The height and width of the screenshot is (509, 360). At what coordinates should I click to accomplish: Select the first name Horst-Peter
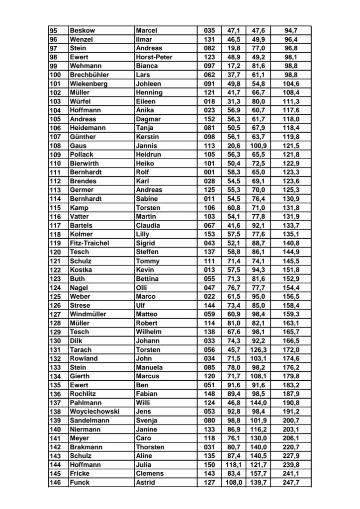click(x=154, y=57)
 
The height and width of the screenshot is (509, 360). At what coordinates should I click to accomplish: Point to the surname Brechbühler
click(x=92, y=75)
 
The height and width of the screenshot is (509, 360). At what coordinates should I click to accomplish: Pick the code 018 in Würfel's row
click(x=209, y=101)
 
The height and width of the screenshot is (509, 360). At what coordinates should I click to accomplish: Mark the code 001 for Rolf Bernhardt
click(x=209, y=172)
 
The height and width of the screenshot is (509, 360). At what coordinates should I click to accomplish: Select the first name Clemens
click(x=149, y=474)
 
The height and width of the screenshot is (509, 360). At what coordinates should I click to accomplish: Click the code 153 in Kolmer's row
click(x=209, y=234)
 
